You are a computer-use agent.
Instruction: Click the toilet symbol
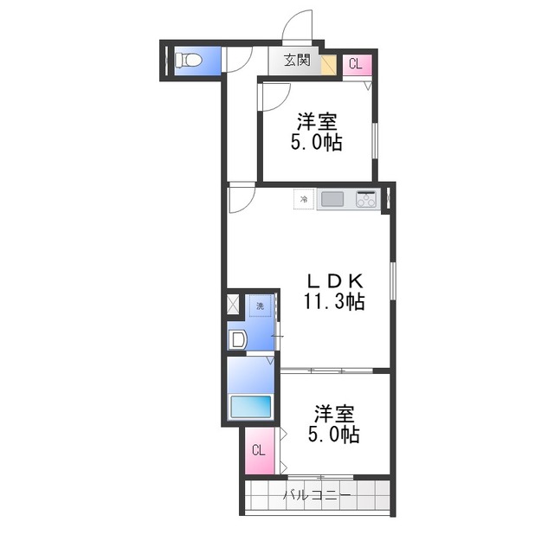[189, 60]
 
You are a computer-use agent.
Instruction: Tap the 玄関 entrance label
[297, 61]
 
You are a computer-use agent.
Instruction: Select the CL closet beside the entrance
[358, 65]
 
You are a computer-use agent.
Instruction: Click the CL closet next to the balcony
[260, 451]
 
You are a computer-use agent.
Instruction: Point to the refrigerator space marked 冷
[304, 199]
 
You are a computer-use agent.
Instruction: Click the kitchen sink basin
[332, 199]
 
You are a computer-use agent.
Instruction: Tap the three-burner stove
[366, 199]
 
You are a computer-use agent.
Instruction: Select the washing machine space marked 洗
[260, 306]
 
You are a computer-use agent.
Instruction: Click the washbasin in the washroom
[237, 339]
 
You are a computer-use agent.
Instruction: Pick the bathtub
[251, 406]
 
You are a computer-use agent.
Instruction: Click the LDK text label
[335, 281]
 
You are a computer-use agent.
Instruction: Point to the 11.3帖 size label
[334, 301]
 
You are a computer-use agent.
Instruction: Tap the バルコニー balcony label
[317, 495]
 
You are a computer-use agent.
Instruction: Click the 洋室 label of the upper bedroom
[317, 122]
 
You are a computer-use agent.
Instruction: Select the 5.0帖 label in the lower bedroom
[334, 435]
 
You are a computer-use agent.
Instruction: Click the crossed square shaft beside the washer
[233, 304]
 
